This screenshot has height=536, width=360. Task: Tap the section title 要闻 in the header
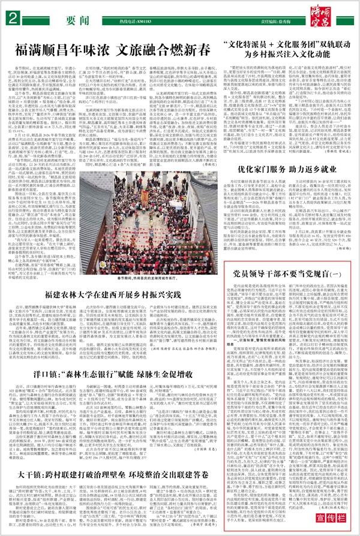(74, 19)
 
